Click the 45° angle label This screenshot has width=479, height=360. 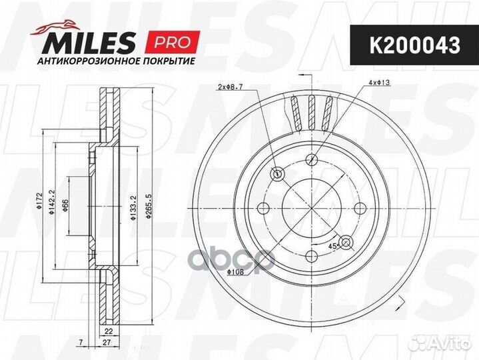pyautogui.click(x=332, y=246)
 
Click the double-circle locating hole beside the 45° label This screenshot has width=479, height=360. pyautogui.click(x=346, y=241)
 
